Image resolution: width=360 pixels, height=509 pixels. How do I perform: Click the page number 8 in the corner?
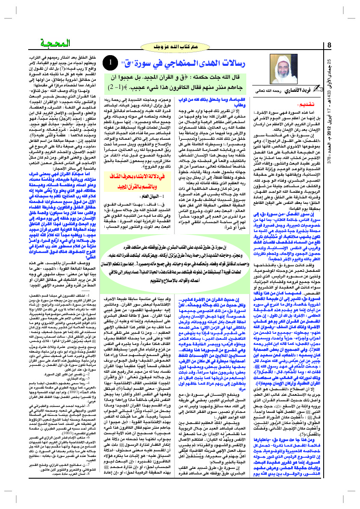(329, 45)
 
